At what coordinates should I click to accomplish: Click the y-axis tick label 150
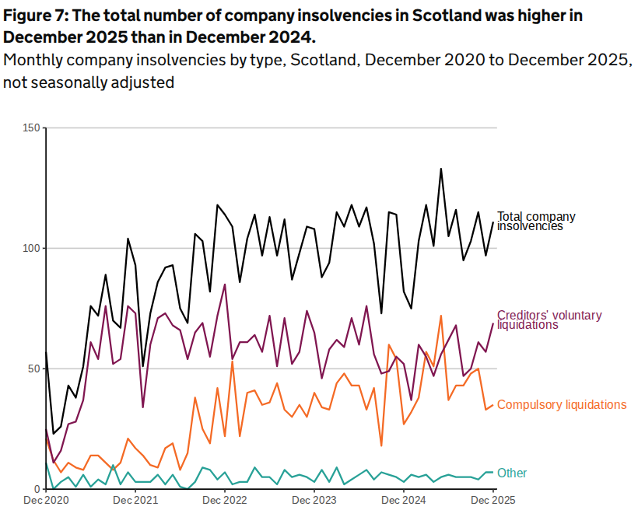(x=31, y=127)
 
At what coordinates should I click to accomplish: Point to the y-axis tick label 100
(x=31, y=248)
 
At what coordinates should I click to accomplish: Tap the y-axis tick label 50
(x=33, y=368)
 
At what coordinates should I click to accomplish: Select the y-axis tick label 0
(x=37, y=488)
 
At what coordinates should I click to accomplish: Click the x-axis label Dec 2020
(x=46, y=501)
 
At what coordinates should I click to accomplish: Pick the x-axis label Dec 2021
(x=135, y=501)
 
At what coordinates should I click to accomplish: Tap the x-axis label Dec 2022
(x=225, y=501)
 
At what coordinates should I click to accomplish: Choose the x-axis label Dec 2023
(x=314, y=501)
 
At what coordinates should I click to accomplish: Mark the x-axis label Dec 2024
(x=404, y=501)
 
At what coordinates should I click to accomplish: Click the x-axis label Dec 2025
(x=493, y=501)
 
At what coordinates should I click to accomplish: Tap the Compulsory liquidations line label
(x=561, y=404)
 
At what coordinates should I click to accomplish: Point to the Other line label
(x=512, y=473)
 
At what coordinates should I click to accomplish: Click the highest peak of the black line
(x=441, y=169)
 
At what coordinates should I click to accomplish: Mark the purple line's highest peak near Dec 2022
(x=225, y=285)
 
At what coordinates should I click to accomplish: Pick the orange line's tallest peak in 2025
(x=441, y=316)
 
